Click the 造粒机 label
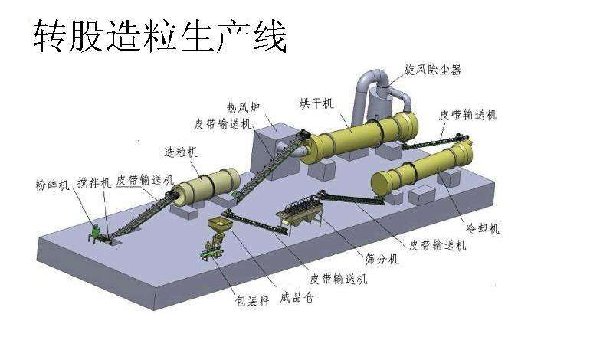point(181,152)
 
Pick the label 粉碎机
point(52,185)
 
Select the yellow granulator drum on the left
point(203,185)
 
